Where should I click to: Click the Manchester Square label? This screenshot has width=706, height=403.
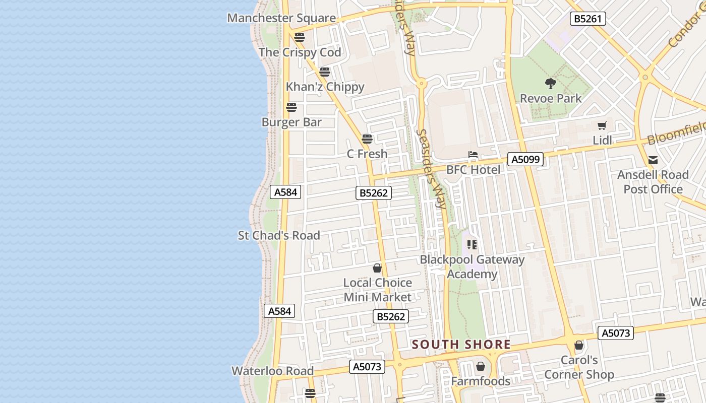pos(281,18)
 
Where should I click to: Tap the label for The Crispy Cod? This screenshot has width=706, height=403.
pos(300,52)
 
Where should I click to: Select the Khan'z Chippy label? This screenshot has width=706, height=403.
pos(325,87)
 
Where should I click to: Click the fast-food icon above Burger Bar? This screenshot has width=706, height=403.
pos(291,107)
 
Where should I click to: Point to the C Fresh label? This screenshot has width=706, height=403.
pos(367,154)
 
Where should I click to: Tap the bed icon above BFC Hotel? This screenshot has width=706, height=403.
pos(473,155)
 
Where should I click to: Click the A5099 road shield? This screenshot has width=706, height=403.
pos(526,160)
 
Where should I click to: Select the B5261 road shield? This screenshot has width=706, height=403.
pos(588,19)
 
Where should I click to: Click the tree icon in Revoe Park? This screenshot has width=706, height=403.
pos(551,83)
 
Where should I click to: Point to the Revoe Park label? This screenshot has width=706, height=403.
pos(551,98)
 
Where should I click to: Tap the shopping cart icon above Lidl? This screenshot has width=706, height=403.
pos(602,126)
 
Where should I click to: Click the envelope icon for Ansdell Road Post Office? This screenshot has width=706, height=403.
pos(653,161)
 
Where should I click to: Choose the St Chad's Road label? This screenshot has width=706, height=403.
pos(279,235)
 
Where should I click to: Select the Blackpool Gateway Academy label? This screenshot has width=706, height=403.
pos(473,267)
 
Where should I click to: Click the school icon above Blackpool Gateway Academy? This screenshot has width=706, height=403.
pos(472,245)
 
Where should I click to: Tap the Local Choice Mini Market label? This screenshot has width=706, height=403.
pos(378,290)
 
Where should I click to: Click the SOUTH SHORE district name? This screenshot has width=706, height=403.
pos(461,345)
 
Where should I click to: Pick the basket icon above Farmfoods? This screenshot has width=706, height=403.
pos(481,366)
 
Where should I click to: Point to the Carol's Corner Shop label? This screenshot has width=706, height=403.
pos(579,367)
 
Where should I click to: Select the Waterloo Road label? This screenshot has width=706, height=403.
pos(272,371)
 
